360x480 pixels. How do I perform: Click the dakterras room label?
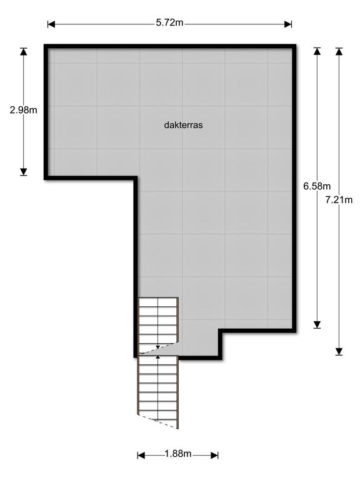tap(183, 125)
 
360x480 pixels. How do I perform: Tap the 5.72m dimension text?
tap(169, 24)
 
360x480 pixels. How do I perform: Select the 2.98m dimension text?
tap(24, 110)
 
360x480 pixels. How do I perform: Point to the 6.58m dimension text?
tap(317, 186)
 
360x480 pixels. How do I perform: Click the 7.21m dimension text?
tap(339, 200)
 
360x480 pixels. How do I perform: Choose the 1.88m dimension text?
tap(177, 454)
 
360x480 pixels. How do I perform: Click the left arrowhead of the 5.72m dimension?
tap(51, 24)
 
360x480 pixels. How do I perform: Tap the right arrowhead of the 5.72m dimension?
tap(288, 24)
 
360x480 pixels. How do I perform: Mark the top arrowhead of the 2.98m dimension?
tap(24, 52)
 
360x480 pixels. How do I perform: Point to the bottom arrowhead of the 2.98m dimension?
tap(24, 171)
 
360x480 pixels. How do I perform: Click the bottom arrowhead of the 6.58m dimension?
tap(317, 324)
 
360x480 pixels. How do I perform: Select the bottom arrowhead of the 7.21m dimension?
tap(339, 351)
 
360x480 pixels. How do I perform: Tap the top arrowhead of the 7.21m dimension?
tap(339, 52)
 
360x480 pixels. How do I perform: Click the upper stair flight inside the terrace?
tap(158, 320)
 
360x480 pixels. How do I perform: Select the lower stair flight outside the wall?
tap(158, 387)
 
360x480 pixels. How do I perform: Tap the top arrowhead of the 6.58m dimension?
tap(317, 52)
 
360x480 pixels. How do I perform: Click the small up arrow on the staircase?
tap(157, 357)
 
